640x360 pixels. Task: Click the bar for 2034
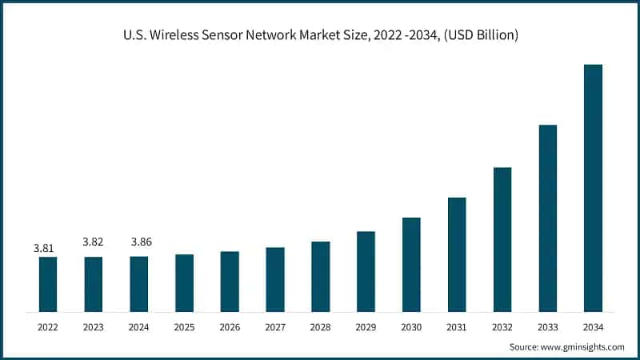point(593,188)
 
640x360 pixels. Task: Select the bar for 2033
point(547,218)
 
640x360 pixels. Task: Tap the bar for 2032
point(502,239)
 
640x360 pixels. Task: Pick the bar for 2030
point(411,264)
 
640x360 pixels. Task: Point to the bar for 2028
point(321,276)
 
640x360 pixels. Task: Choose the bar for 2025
point(184,282)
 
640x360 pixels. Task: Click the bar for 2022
point(48,284)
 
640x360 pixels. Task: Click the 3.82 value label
point(94,242)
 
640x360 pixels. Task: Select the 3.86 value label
point(139,242)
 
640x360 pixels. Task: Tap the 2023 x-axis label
point(94,327)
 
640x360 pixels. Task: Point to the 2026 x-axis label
point(230,327)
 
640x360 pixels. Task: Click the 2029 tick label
point(366,327)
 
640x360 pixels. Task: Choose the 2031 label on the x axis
point(457,327)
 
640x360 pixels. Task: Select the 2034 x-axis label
point(593,327)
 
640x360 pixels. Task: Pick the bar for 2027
point(275,279)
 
